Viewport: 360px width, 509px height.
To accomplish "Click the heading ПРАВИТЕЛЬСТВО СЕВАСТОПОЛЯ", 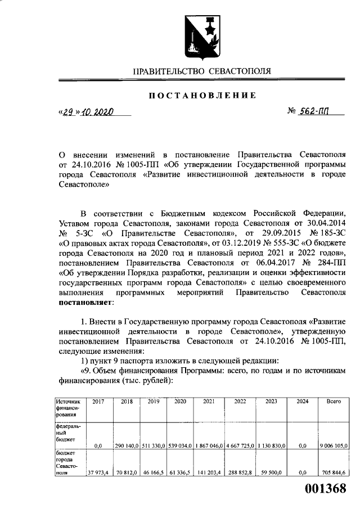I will click(x=201, y=71).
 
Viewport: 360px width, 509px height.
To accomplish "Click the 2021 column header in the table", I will click(x=208, y=402).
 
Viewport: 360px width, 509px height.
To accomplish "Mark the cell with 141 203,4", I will click(x=208, y=472).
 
